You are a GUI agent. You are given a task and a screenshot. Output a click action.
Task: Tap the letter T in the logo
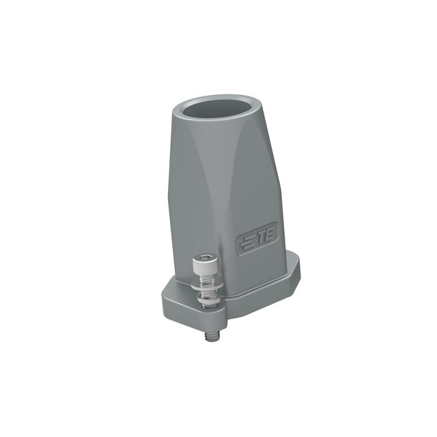tap(261, 238)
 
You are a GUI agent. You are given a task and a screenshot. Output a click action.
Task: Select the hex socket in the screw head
tap(205, 257)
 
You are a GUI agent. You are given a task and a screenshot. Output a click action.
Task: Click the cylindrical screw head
tap(205, 262)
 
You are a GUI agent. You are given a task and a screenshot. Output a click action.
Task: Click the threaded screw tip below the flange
tap(212, 336)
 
